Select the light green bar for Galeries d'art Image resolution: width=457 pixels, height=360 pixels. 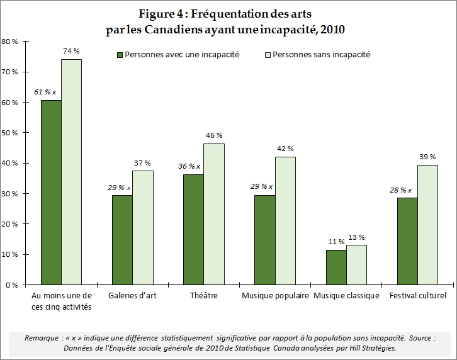point(142,227)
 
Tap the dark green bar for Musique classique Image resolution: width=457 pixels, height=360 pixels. point(336,267)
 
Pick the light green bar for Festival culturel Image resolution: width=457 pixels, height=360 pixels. point(427,225)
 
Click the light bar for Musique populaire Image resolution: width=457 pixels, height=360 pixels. point(285,220)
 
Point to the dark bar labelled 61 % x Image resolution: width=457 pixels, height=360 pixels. point(51,192)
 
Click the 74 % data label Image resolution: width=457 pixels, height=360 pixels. point(71,50)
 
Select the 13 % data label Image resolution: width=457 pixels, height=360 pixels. point(356,237)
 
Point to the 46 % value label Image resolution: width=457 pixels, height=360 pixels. point(214,135)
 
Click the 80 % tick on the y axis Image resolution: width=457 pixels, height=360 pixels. point(11,42)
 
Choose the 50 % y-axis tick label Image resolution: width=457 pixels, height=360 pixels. point(11,133)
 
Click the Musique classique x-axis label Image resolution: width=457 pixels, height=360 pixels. point(346,296)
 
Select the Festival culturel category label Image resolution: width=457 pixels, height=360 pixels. point(417,296)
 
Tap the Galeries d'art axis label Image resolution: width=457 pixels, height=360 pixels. point(132,296)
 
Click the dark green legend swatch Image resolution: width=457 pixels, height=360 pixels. point(119,55)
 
